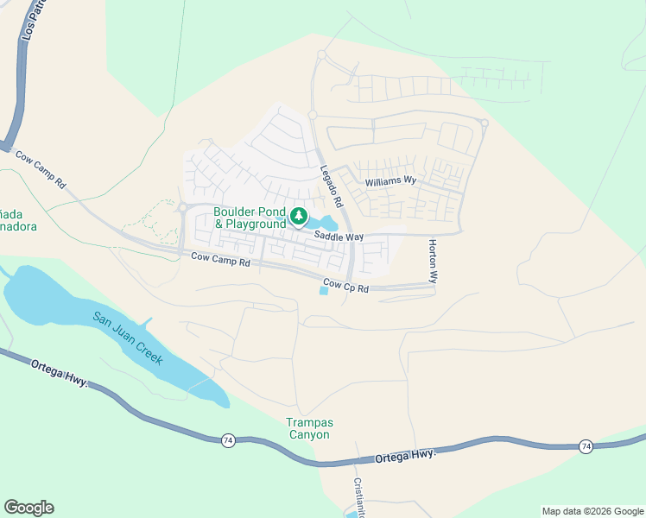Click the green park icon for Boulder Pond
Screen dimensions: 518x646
coord(299,216)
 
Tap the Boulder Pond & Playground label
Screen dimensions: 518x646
coord(250,218)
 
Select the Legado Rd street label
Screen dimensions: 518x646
coord(332,186)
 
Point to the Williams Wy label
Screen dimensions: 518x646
coord(390,181)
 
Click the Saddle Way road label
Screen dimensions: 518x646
coord(339,236)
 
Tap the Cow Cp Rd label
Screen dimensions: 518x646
coord(346,284)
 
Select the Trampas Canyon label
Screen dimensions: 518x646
coord(308,428)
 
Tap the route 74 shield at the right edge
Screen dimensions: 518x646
coord(586,446)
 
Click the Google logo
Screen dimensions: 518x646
coord(28,508)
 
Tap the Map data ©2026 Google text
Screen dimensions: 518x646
coord(592,511)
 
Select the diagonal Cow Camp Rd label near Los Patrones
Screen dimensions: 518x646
coord(41,170)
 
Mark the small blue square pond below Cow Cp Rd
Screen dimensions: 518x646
coord(324,290)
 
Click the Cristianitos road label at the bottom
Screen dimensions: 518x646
coord(359,497)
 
